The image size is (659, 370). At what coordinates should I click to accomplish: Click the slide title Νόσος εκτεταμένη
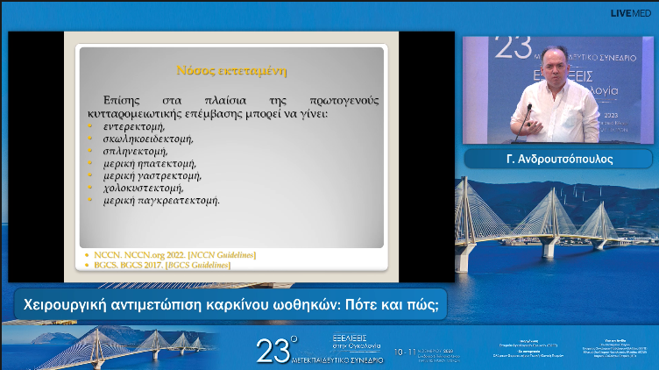click(232, 69)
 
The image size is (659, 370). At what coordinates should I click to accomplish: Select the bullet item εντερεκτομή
click(133, 127)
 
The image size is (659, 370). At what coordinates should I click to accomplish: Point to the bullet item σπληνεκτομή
click(135, 151)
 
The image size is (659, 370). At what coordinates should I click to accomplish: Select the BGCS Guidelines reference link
click(197, 265)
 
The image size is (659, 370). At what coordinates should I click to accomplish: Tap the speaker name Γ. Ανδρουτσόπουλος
click(557, 159)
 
